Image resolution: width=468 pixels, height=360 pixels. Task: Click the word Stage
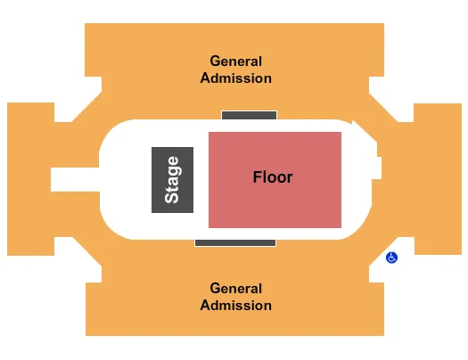172,179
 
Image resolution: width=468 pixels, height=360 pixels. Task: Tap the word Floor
272,177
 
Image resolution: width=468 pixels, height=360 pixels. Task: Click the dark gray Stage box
172,200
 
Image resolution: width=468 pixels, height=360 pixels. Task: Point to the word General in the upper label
236,61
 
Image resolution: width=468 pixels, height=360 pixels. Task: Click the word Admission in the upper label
236,78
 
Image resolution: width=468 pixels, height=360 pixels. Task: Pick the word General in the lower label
236,289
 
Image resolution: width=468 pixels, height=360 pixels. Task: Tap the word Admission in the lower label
236,305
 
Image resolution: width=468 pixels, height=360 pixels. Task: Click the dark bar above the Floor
249,115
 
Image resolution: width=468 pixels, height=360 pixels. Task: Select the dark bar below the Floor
234,242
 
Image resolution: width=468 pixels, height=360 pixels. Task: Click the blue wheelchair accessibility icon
391,258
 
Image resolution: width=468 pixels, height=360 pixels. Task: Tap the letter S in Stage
172,196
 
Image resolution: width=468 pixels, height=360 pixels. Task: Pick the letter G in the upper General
216,61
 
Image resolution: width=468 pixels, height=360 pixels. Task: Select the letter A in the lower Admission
205,305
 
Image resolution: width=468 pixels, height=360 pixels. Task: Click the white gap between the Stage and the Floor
201,179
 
